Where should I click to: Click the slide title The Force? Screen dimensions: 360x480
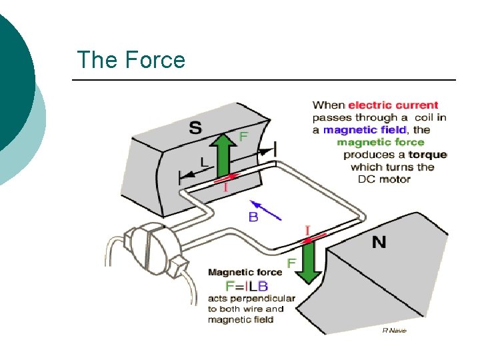point(131,60)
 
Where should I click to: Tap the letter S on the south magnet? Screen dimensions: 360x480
point(195,129)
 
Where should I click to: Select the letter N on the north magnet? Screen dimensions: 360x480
point(379,241)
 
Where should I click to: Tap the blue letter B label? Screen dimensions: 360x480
point(254,216)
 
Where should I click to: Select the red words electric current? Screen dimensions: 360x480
point(393,105)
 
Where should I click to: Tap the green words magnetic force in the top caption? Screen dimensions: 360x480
point(380,142)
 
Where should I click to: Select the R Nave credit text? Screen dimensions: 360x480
point(394,330)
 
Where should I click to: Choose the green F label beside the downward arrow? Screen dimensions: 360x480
point(291,264)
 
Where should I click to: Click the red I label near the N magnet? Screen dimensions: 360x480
point(307,230)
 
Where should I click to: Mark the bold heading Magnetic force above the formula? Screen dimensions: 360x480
point(241,272)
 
